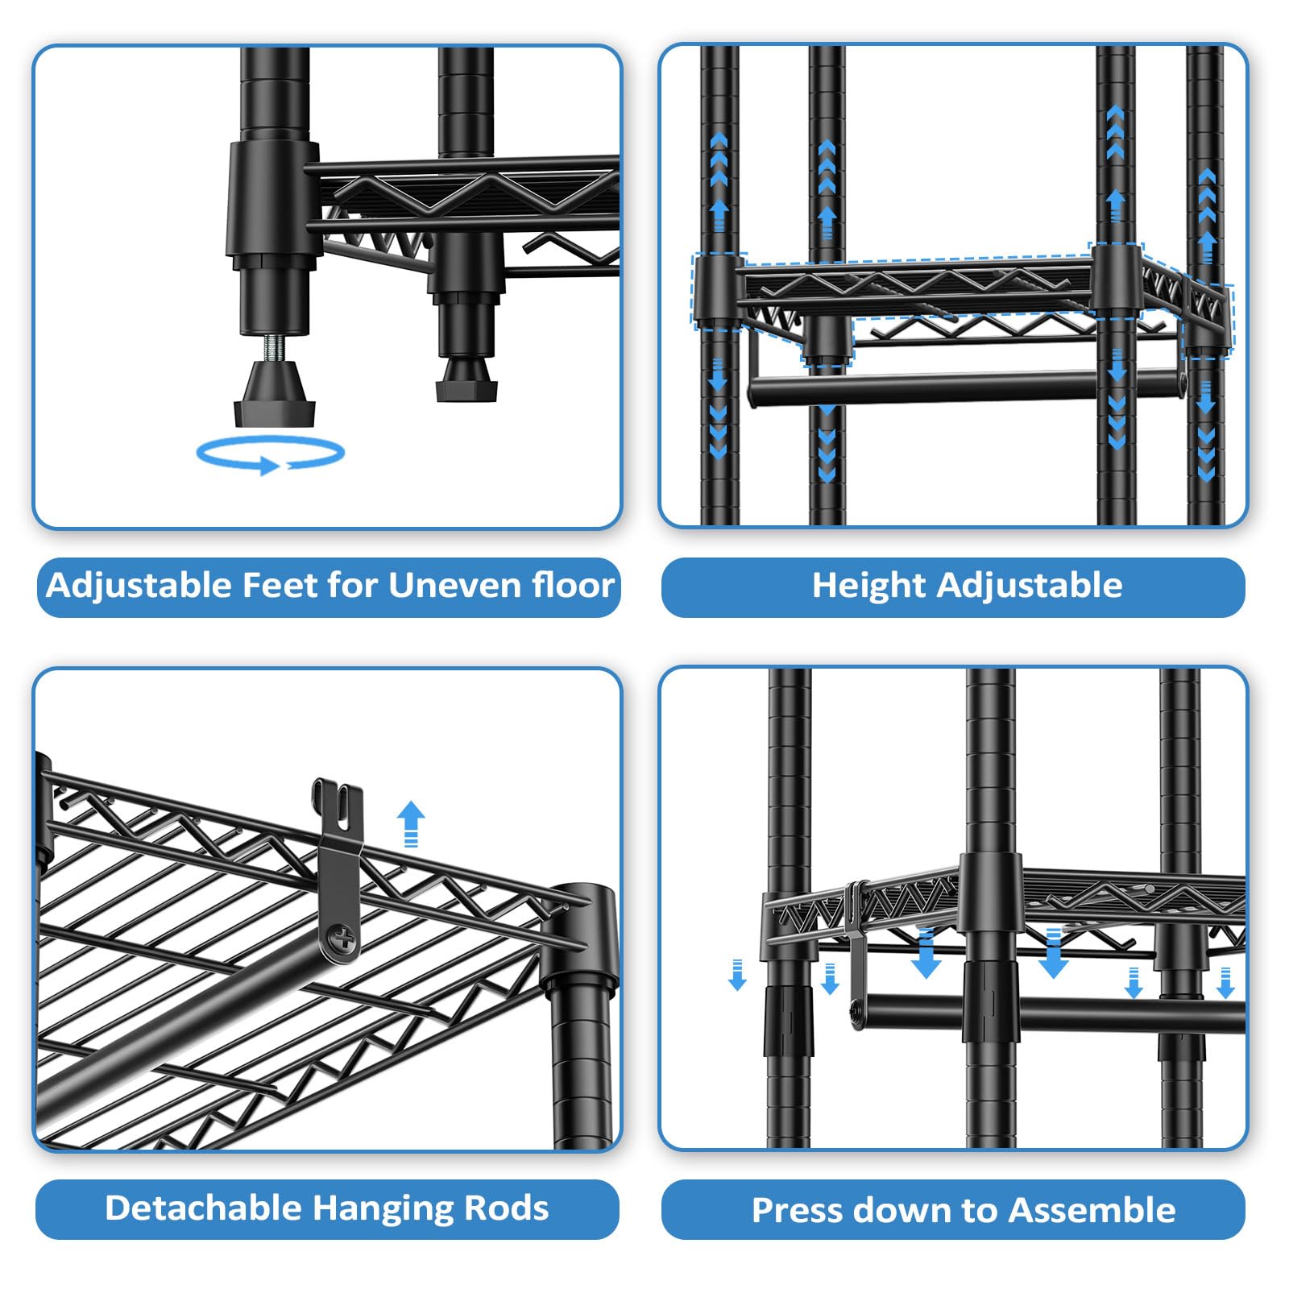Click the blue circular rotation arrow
tap(271, 455)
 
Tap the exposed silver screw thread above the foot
tap(273, 347)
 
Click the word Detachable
tap(203, 1208)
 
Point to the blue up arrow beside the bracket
tap(411, 823)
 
